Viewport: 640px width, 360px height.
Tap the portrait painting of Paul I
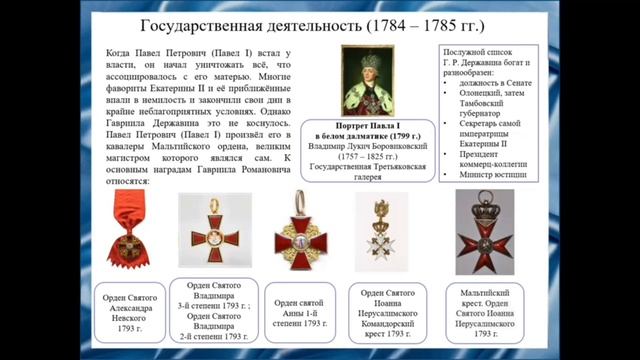[x=371, y=86]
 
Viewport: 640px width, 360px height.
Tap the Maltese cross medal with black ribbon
[x=484, y=235]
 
